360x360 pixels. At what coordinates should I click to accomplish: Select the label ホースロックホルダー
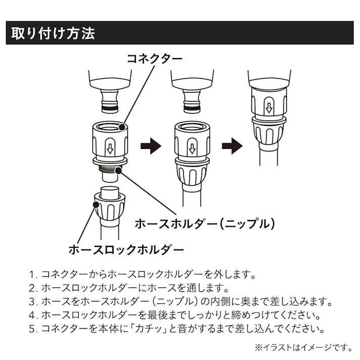tap(126, 249)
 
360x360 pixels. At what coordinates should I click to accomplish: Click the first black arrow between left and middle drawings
tap(150, 147)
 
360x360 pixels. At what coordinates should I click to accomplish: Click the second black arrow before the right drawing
tap(232, 147)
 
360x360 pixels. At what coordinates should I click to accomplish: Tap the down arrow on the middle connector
tap(192, 149)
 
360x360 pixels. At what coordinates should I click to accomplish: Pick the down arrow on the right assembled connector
tap(269, 108)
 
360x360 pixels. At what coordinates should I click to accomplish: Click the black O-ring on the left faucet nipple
tap(110, 107)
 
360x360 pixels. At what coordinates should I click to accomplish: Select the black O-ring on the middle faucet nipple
tap(192, 107)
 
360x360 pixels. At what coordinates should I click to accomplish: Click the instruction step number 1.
tap(34, 276)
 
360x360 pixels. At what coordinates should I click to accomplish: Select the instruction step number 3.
tap(34, 303)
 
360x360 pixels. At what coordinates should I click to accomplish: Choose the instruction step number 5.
tap(34, 330)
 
